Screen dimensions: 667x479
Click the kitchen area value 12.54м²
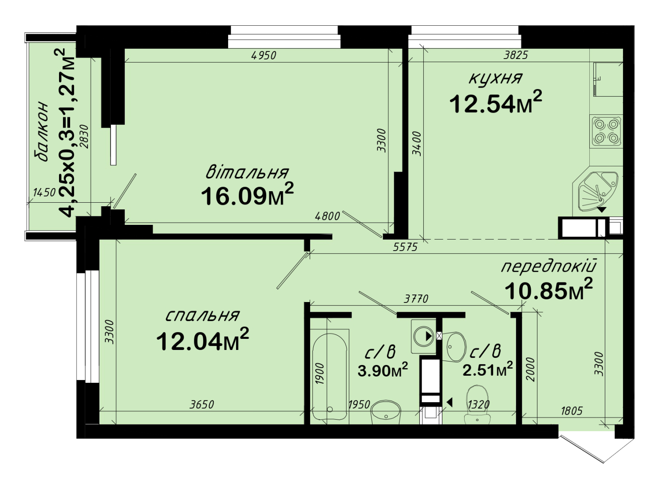point(496,102)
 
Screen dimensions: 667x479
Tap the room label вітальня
point(247,172)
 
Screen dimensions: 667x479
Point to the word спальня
point(202,316)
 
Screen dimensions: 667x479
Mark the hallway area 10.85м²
point(549,289)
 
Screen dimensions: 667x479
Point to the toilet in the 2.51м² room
point(477,404)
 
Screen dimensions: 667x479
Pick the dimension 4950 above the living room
point(264,55)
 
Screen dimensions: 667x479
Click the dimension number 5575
point(405,247)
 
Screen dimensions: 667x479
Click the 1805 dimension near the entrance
point(572,411)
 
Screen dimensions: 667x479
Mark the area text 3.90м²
point(383,370)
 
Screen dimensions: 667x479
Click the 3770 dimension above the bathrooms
point(416,298)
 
